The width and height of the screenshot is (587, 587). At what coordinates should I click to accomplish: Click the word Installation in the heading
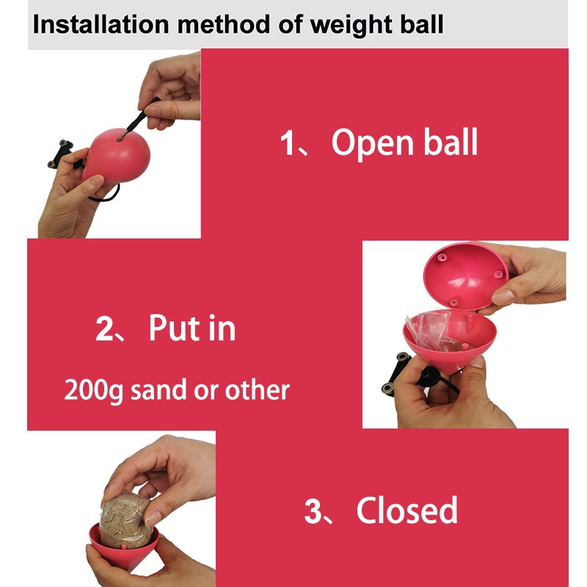coord(101,25)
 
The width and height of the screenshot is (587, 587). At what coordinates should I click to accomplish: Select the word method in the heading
coord(224,25)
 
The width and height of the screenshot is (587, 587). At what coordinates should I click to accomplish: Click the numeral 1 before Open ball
coord(287,142)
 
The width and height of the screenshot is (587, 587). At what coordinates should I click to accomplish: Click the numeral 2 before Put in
coord(103,329)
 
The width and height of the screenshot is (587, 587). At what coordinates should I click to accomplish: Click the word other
coord(257,390)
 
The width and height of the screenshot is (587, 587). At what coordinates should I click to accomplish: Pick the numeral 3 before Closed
coord(313,511)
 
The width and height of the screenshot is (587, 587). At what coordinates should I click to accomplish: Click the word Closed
coord(407,510)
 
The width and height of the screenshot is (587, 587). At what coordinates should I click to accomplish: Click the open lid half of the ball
coord(466,277)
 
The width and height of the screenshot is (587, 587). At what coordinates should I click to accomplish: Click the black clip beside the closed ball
coord(61,153)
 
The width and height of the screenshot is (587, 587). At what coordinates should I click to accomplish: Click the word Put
coord(175,328)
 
